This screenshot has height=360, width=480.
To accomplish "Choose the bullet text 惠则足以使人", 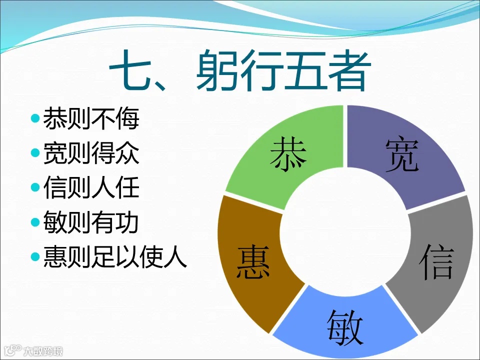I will click(115, 257).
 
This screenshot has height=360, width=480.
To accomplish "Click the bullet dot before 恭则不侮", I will click(34, 119).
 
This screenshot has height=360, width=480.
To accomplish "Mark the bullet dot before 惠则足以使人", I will click(34, 257).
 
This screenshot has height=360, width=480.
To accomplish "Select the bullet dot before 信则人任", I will click(34, 188).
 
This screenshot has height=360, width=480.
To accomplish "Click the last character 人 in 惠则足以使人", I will click(178, 257).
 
